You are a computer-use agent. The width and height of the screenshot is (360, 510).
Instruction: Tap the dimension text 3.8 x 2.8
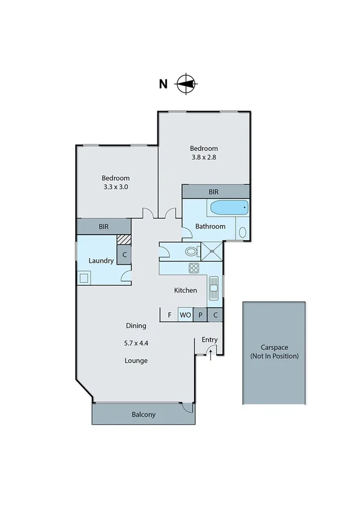tap(204, 159)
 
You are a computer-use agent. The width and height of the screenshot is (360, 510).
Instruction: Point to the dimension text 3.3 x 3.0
tap(115, 187)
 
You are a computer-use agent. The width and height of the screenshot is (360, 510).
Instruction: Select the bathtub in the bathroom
tap(228, 208)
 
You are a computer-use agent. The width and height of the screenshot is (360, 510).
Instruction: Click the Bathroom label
tap(211, 227)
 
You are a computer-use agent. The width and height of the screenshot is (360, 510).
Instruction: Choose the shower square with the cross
tap(212, 251)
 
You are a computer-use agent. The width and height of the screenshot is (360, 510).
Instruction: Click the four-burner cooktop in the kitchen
tap(194, 269)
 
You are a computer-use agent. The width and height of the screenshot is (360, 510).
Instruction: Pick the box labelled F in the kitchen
tap(169, 315)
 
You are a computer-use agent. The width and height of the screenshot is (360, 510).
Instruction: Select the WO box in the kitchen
tap(185, 315)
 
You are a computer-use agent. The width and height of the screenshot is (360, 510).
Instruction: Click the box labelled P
tap(200, 315)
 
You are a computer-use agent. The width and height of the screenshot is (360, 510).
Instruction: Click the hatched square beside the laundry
tap(124, 239)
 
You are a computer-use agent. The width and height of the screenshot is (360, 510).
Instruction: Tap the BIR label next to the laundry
tap(103, 227)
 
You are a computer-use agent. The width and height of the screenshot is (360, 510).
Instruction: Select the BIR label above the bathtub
tap(213, 191)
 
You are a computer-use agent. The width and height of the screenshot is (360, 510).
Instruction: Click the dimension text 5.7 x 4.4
tap(136, 343)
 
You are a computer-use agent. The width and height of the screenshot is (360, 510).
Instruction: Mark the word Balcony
tap(144, 414)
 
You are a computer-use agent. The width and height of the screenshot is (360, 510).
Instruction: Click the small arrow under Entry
tap(210, 355)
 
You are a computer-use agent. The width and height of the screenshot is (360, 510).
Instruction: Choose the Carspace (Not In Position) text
tap(274, 352)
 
